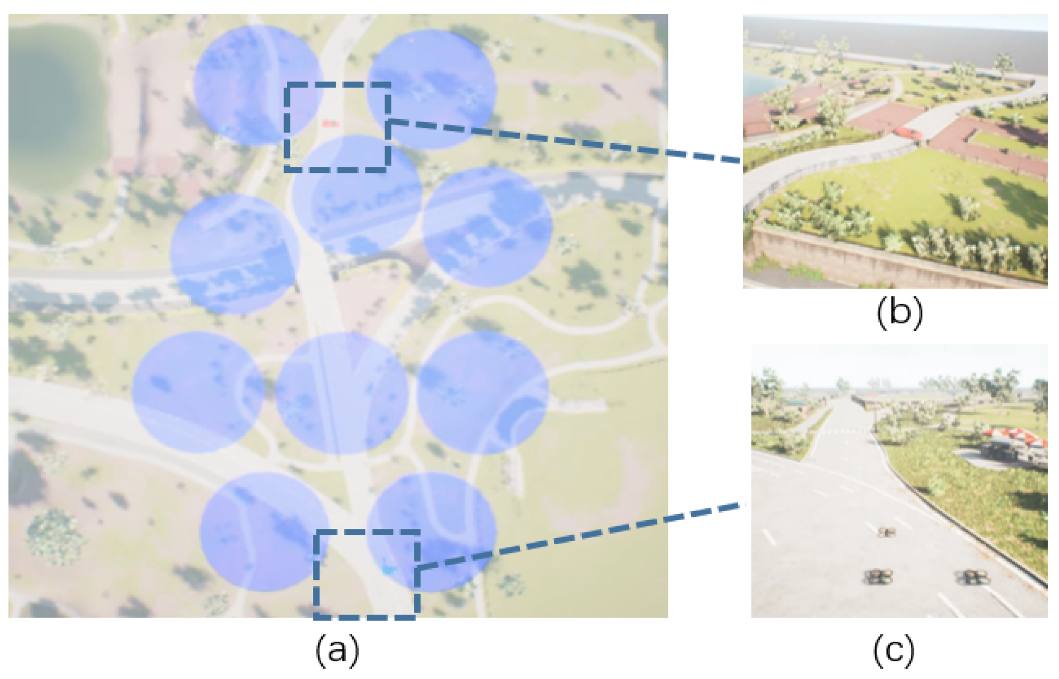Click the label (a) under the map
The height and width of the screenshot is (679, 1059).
point(337,650)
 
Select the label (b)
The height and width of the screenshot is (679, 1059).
point(899,313)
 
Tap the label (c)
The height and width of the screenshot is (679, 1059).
point(894,650)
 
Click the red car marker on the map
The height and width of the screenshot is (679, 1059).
point(330,124)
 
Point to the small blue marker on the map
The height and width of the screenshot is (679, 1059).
point(388,569)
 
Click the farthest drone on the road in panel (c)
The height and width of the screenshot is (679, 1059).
point(886,532)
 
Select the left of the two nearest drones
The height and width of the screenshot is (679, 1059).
point(878,577)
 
